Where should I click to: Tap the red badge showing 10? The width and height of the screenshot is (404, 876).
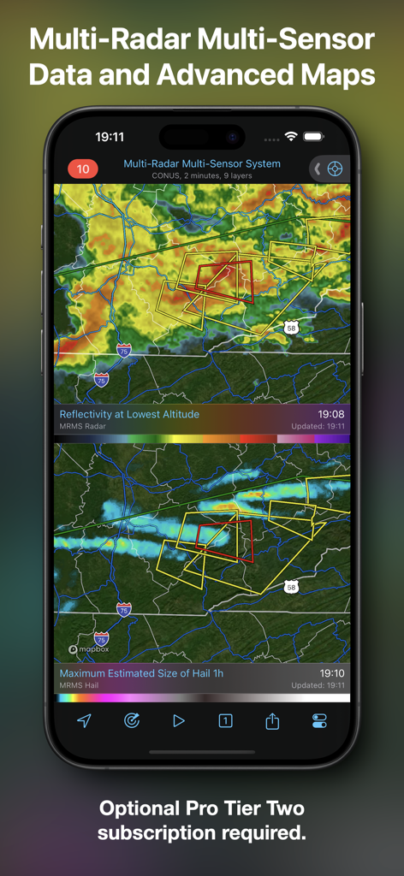pos(83,169)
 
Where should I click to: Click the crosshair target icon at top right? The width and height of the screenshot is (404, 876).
pos(335,169)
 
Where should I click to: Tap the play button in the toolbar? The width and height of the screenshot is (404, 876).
pos(178,720)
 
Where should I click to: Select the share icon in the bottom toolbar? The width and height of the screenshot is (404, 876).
pos(272,721)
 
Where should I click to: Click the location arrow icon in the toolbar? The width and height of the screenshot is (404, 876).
pos(84,720)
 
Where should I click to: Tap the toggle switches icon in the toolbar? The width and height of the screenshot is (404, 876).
pos(319,720)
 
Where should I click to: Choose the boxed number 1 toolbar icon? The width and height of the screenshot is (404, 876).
pos(225,720)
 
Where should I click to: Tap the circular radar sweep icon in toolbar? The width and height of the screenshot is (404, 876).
pos(131,720)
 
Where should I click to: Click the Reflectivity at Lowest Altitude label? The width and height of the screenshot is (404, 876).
pos(129,414)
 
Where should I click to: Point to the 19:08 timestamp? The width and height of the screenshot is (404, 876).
pos(331,414)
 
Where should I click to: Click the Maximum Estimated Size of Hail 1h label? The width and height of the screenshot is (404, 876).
pos(141,673)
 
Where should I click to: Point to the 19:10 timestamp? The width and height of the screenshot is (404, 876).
pos(331,673)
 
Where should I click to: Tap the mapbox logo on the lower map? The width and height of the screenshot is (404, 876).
pos(89,649)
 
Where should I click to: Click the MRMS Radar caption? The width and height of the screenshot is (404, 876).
pos(83,426)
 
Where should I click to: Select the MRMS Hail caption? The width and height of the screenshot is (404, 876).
pos(80,685)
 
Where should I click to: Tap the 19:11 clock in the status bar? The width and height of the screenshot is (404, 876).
pos(110,136)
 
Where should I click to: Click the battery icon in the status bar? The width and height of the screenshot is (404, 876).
pos(313,136)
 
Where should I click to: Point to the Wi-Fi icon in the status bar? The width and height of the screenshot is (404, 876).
pos(291,136)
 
